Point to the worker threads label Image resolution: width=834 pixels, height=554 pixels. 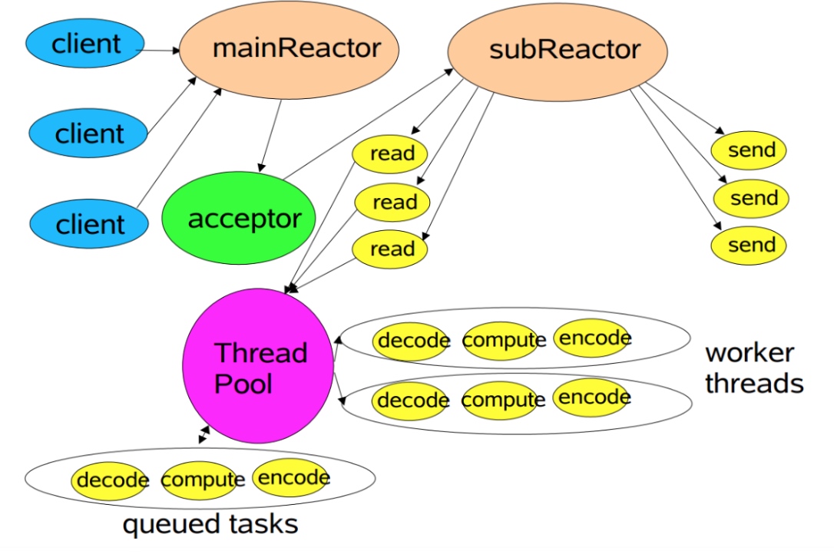(x=753, y=368)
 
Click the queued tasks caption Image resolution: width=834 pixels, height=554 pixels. (x=210, y=525)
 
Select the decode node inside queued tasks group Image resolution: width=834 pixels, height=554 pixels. (x=111, y=480)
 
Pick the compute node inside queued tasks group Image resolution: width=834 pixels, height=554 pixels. (x=201, y=480)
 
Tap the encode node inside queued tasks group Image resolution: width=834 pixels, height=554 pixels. (x=293, y=477)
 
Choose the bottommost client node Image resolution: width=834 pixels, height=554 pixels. (x=88, y=224)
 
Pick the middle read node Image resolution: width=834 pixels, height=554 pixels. (x=393, y=203)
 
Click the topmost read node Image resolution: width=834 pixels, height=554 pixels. (x=391, y=154)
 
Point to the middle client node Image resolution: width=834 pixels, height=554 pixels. (x=88, y=134)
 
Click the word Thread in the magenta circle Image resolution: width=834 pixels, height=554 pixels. (x=260, y=353)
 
